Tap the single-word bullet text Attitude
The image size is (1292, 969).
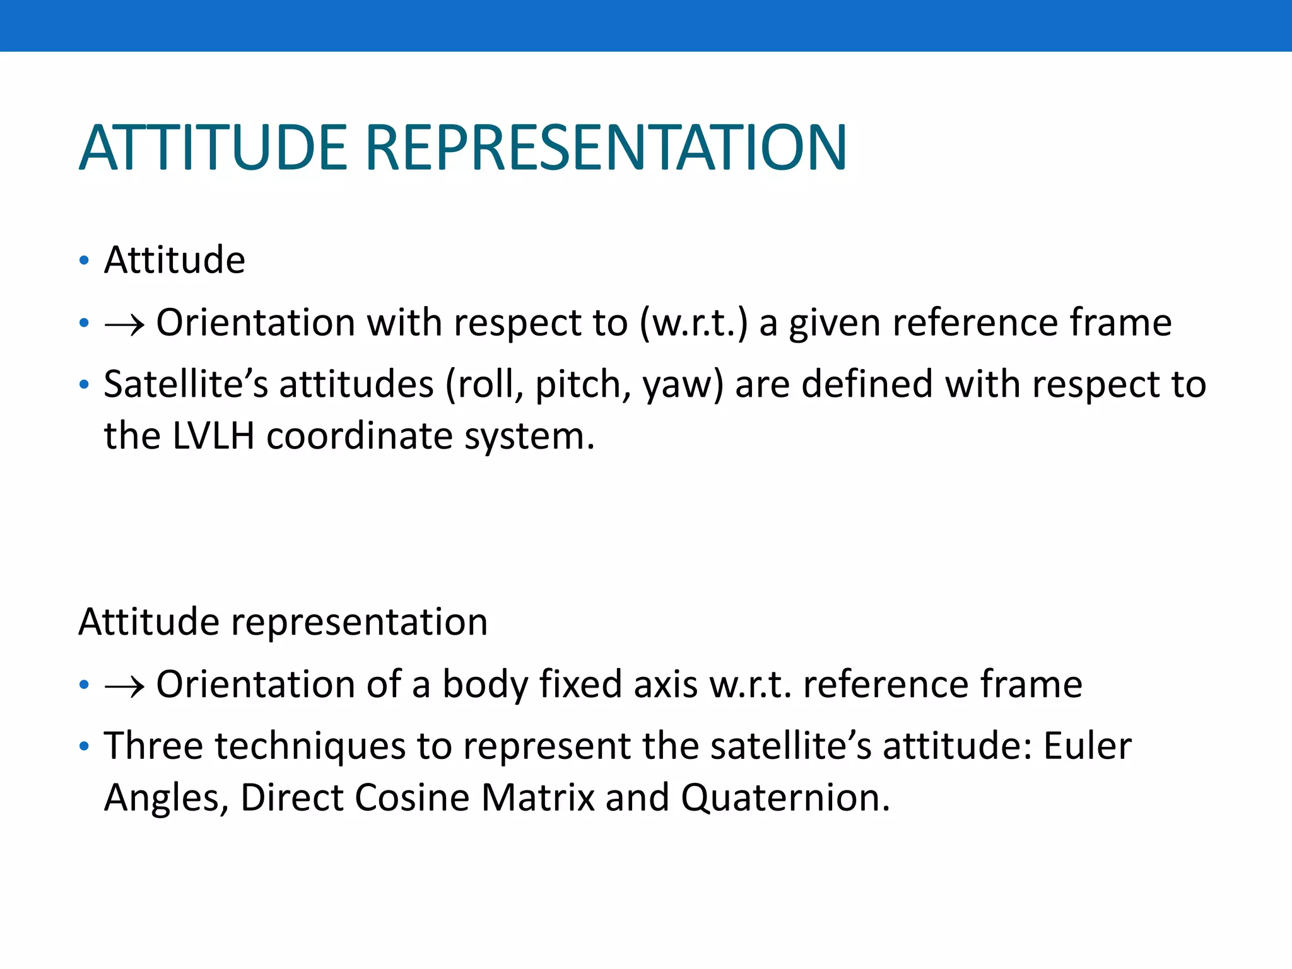click(174, 260)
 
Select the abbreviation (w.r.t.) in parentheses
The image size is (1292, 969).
click(693, 323)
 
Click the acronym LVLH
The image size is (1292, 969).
click(213, 436)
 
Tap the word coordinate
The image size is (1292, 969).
click(360, 436)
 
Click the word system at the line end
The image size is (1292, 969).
click(529, 437)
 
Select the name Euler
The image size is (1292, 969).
click(1087, 746)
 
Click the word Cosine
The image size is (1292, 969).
click(411, 797)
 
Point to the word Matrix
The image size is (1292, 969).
click(537, 797)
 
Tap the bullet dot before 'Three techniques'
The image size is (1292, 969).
click(85, 747)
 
